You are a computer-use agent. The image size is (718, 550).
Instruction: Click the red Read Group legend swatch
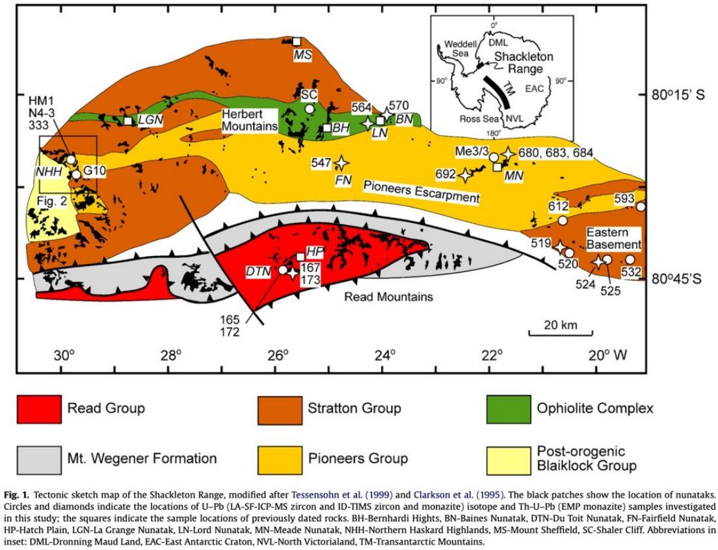pos(39,408)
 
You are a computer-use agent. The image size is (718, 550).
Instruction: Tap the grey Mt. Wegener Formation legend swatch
pos(39,459)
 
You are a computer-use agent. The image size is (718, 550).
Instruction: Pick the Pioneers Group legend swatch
pos(279,459)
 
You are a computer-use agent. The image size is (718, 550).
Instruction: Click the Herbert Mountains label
pos(248,120)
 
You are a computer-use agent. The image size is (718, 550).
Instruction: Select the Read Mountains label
pos(388,296)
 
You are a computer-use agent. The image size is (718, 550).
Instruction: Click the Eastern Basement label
pos(614,239)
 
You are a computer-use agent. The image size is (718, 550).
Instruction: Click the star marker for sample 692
pos(466,174)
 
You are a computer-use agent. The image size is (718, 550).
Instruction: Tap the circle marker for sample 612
pos(563,220)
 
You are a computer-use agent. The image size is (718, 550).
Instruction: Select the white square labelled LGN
pos(128,120)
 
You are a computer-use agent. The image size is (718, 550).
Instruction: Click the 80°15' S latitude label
pos(682,95)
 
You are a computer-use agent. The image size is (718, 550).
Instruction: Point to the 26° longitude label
pos(277,356)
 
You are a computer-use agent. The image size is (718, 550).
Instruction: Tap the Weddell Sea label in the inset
pos(460,49)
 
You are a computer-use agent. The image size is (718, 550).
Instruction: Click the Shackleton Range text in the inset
pos(523,62)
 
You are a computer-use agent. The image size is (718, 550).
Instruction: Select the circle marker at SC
pos(310,108)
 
